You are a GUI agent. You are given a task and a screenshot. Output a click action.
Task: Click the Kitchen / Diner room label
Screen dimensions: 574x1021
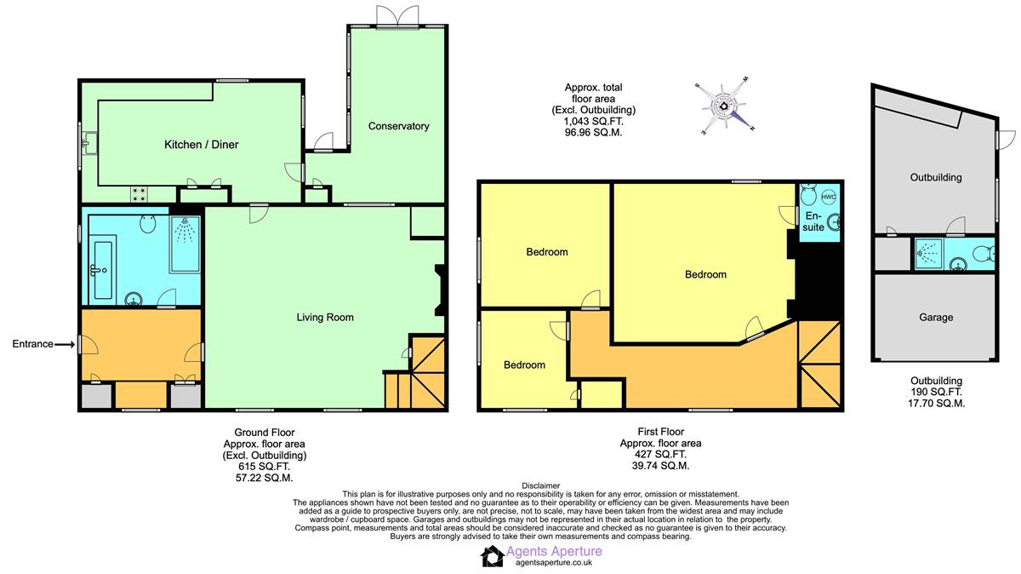[201, 145]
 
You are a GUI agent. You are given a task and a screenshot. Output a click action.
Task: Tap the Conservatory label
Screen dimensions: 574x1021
[398, 126]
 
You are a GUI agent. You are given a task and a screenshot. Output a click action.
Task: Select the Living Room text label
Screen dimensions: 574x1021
[324, 318]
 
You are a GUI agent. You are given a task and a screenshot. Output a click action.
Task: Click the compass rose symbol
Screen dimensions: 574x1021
[724, 106]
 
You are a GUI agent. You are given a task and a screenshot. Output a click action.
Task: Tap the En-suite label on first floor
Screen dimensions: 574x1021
[814, 222]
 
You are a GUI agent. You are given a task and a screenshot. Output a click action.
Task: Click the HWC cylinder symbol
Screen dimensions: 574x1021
[829, 198]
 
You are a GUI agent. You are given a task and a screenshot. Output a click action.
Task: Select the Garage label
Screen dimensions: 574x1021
[935, 317]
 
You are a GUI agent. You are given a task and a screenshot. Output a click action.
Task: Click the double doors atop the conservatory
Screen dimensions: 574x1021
[398, 16]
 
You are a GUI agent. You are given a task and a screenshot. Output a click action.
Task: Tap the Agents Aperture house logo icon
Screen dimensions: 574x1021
[492, 556]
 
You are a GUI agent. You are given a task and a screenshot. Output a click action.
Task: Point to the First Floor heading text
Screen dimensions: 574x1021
[660, 432]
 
